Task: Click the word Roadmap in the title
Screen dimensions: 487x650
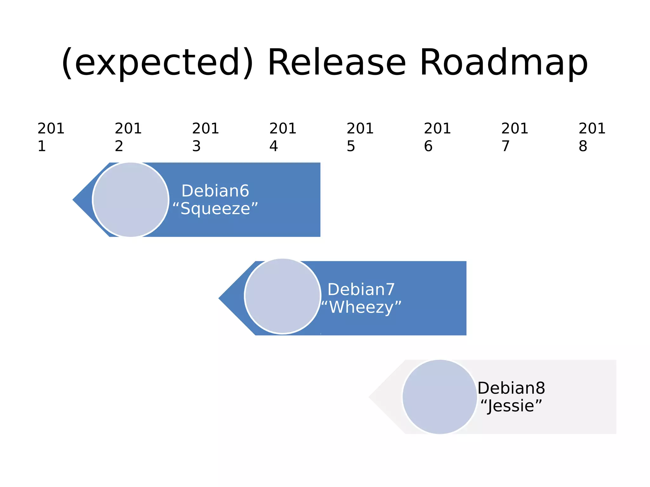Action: tap(504, 63)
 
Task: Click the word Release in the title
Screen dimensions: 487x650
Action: tap(336, 63)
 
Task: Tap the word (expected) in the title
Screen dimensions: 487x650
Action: tap(157, 63)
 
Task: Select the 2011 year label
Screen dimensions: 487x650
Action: tap(51, 137)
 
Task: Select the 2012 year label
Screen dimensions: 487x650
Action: tap(128, 137)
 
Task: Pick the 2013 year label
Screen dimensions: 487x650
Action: tap(205, 137)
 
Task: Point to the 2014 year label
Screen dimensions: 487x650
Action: tap(282, 137)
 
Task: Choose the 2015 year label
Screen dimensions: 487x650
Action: tap(360, 137)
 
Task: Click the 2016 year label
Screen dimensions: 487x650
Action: tap(437, 137)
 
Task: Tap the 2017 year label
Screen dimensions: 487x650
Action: tap(514, 137)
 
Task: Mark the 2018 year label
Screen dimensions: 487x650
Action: tap(592, 137)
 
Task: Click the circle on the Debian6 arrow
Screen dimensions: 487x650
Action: tap(130, 200)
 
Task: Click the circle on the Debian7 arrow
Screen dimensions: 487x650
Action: tap(282, 296)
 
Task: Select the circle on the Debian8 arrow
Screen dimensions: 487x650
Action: tap(440, 397)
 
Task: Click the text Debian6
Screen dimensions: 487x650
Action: tap(215, 191)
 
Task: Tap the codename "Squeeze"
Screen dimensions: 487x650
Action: tap(215, 209)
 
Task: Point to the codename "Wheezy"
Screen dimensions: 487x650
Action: tap(361, 307)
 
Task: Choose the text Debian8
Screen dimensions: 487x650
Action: tap(511, 388)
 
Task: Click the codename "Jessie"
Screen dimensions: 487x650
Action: tap(511, 406)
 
